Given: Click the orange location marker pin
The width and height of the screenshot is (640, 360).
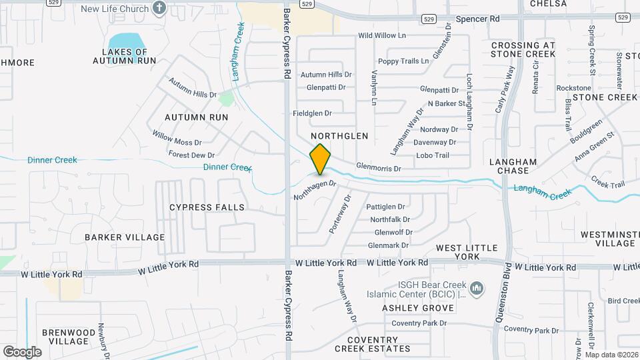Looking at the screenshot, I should [x=321, y=159].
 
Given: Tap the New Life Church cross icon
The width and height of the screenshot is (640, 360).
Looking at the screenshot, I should [x=159, y=8].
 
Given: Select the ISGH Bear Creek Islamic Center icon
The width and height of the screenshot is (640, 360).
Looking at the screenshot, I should [x=476, y=288].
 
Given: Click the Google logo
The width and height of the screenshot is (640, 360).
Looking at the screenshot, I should [x=22, y=351].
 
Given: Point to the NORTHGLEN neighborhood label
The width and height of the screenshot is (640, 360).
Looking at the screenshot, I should [x=340, y=136].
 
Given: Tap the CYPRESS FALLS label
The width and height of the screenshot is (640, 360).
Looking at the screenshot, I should [x=207, y=207].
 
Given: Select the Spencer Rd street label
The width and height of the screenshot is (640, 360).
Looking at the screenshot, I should [x=477, y=19].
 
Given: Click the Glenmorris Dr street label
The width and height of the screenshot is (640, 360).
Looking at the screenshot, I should [x=379, y=169].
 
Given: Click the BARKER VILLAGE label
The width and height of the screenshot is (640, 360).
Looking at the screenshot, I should [x=125, y=237].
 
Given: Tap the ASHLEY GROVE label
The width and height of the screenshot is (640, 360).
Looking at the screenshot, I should [x=418, y=308].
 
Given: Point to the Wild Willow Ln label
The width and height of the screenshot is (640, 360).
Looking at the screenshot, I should [x=381, y=35].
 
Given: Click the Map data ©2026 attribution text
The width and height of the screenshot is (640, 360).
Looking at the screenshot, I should [x=611, y=355].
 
